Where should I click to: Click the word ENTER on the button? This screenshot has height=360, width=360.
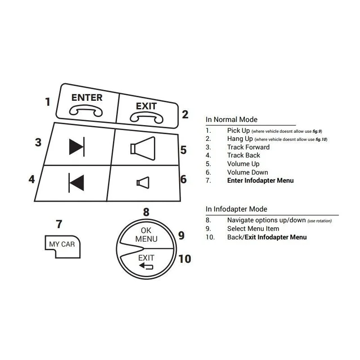[87, 98]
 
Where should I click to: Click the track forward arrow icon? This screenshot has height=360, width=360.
[77, 147]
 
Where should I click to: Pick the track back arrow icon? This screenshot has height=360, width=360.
[76, 183]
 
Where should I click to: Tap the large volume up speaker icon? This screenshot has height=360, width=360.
[143, 148]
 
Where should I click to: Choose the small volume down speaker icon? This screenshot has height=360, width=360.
[143, 183]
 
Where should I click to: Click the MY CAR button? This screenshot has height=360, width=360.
[63, 247]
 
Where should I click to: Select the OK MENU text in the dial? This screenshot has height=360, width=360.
[146, 234]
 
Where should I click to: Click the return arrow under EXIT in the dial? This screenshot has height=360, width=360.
[146, 266]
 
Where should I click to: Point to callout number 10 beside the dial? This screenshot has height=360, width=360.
[184, 259]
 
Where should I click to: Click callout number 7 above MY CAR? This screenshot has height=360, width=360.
[59, 224]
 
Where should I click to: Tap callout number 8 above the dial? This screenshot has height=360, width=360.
[146, 212]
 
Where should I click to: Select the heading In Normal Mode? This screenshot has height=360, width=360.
[231, 120]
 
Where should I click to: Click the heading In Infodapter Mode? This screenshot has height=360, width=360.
[237, 209]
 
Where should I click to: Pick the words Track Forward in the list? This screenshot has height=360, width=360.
[248, 147]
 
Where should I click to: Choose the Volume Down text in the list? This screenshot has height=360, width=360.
[248, 172]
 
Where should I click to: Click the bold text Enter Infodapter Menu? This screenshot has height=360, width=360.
[261, 181]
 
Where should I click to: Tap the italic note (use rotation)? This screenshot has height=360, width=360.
[319, 221]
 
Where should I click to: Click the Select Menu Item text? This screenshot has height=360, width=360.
[253, 229]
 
